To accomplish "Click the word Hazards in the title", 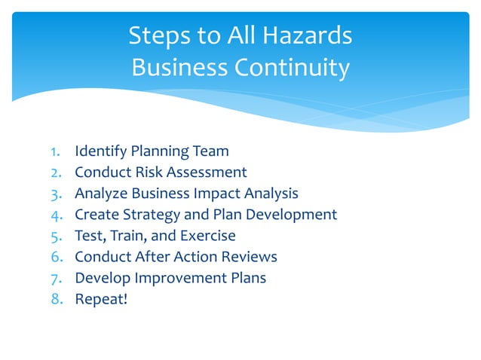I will coord(308,35).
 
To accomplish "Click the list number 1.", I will coord(45,151).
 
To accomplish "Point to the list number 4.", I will coord(45,215).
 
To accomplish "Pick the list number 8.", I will coord(45,299).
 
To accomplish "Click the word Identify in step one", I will coord(100,151).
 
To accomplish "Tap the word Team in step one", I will coord(210,151).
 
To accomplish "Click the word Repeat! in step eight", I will coord(100,299).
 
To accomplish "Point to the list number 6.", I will coord(45,257).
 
